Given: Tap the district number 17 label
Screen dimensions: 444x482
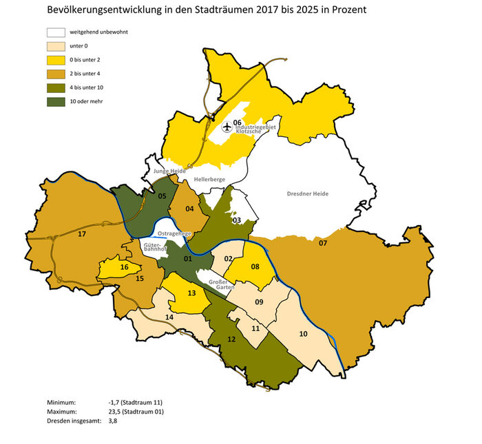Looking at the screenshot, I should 82,235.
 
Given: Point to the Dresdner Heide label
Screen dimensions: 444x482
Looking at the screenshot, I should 308,193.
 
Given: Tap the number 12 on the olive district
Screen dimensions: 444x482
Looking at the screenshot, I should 231,339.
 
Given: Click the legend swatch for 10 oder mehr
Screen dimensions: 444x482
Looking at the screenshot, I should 56,101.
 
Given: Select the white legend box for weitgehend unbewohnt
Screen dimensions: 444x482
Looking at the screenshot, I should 56,32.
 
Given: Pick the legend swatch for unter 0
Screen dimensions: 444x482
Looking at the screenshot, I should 56,46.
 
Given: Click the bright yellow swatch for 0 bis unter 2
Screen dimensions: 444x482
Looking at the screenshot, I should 56,60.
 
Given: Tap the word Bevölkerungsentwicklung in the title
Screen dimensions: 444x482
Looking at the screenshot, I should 100,10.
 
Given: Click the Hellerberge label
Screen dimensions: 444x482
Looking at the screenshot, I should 211,180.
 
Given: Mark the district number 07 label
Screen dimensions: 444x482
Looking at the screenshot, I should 322,243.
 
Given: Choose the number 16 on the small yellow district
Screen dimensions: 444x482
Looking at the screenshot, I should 124,267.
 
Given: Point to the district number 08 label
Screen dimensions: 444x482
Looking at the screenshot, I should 255,266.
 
